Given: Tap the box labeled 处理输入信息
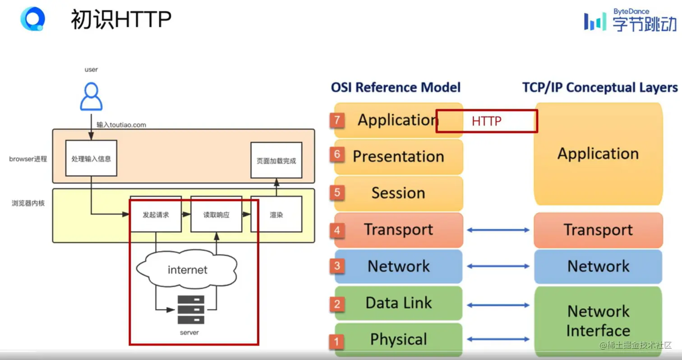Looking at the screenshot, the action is tap(91, 158).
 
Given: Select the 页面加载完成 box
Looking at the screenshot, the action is tap(276, 160).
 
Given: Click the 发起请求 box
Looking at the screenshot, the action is tap(156, 214).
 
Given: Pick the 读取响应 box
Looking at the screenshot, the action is tap(216, 214).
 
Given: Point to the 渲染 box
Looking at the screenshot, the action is tap(276, 214).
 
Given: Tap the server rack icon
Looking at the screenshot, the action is tap(191, 310).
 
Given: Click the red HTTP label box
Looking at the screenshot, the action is tap(487, 121).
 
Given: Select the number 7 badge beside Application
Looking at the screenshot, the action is tap(337, 120).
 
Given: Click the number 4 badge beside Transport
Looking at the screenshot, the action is tap(337, 230).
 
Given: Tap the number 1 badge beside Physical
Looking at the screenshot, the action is tap(336, 342).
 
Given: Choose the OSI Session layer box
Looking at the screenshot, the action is tap(399, 193).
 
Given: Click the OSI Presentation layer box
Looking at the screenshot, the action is tap(399, 157).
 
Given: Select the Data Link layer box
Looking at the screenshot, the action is tap(399, 303).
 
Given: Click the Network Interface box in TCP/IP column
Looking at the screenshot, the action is tap(598, 321).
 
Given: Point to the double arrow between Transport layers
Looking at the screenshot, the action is tap(498, 230).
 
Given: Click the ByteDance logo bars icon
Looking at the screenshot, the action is tap(595, 21).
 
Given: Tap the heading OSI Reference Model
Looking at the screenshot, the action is tap(396, 88).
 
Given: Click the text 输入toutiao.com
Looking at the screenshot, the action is tap(121, 125).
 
